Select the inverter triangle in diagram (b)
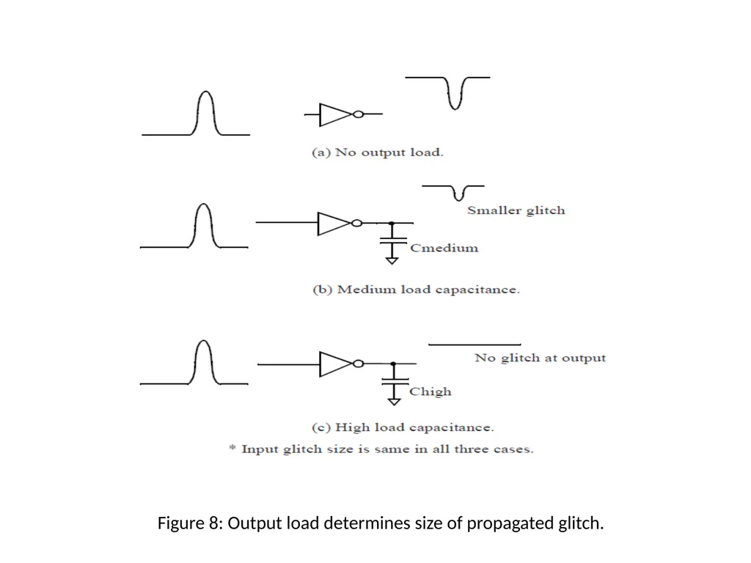click(x=334, y=224)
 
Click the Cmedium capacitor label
click(x=444, y=248)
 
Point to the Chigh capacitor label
click(x=430, y=391)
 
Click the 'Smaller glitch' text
click(x=516, y=210)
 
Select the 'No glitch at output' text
click(x=540, y=358)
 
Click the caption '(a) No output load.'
click(x=378, y=152)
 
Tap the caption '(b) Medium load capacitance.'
click(x=416, y=290)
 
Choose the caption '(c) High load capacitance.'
click(x=403, y=427)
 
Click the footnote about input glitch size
click(x=381, y=449)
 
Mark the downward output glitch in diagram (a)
click(x=455, y=94)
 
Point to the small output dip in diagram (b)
click(x=459, y=193)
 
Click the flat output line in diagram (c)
click(x=475, y=345)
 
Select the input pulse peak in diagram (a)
click(x=206, y=92)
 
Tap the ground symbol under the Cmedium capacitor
click(x=392, y=260)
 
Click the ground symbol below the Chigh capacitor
click(x=394, y=401)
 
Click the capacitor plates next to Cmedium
click(x=393, y=240)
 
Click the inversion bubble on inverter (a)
click(x=358, y=114)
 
